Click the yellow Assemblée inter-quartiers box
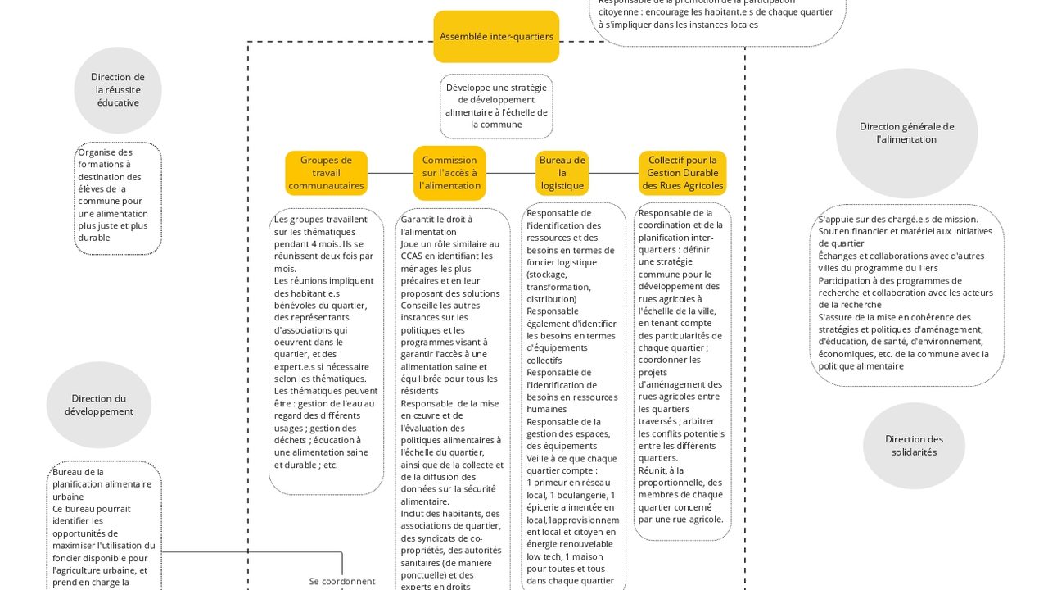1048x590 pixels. click(496, 37)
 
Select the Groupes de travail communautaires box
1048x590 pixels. click(326, 173)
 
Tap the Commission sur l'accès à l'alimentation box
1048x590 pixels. click(449, 173)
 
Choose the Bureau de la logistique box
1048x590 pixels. click(562, 173)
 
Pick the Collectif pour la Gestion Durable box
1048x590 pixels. click(682, 173)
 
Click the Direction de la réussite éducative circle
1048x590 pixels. click(118, 90)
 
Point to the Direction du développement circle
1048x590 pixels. click(99, 405)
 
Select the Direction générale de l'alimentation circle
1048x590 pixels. click(906, 134)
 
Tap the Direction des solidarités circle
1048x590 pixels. click(914, 446)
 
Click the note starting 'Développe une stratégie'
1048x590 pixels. click(496, 107)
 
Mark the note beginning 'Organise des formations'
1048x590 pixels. click(118, 195)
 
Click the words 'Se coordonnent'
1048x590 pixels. click(342, 581)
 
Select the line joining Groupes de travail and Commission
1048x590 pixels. click(390, 173)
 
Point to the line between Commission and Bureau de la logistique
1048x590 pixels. click(511, 173)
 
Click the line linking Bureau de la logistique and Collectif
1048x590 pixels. click(613, 173)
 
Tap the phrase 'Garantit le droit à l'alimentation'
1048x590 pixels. click(436, 225)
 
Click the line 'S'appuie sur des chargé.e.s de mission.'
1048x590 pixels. click(898, 220)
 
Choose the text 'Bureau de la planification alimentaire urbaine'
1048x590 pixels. click(102, 484)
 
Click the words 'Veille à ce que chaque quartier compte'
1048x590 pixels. click(571, 465)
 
